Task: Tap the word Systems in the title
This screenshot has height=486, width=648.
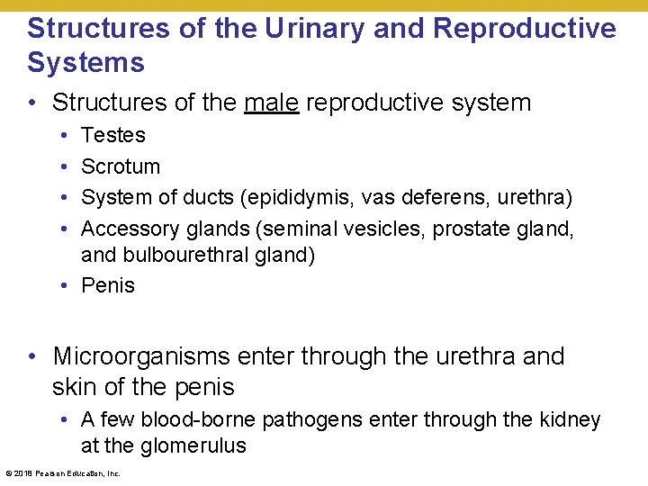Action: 85,63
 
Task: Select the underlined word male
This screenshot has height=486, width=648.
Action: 271,103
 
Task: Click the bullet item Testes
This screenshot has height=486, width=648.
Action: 113,135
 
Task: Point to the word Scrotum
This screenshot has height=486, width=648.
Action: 121,166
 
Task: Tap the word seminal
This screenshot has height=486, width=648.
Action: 279,229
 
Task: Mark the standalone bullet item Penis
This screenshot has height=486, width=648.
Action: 108,286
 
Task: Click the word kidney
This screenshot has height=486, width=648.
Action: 570,419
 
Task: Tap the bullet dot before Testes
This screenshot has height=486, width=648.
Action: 68,136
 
